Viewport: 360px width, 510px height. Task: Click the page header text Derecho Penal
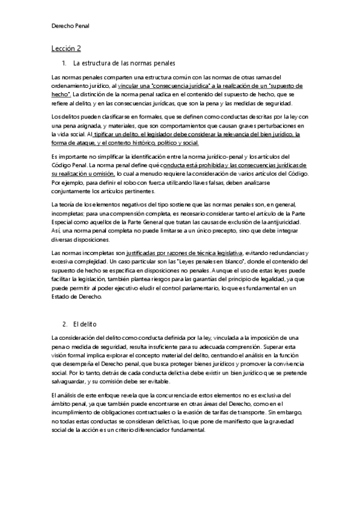coord(70,26)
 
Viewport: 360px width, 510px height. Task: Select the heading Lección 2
coord(66,48)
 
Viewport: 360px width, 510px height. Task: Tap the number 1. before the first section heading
coord(64,63)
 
